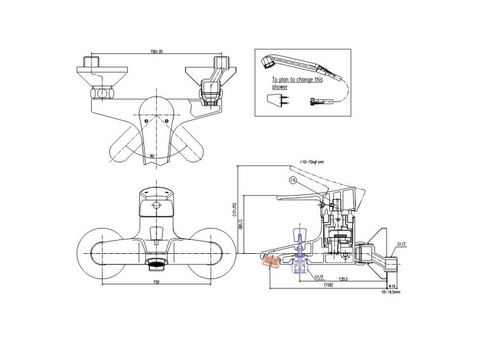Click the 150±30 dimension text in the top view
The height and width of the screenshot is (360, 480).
156,52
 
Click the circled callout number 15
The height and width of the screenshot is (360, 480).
293,179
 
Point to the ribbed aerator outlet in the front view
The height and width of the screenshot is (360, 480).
155,263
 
